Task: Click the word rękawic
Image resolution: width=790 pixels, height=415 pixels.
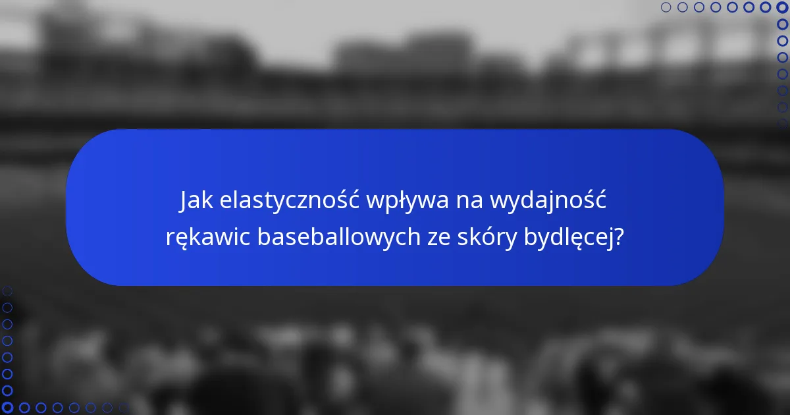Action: point(207,236)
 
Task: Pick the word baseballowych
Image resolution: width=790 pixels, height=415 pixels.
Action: point(338,236)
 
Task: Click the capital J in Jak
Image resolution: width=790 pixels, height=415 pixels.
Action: point(184,200)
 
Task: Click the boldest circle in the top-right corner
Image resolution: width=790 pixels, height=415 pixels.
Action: point(782,7)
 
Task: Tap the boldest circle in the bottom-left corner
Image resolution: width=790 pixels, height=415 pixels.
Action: point(7,408)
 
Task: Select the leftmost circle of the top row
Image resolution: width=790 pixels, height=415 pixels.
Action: point(666,7)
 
